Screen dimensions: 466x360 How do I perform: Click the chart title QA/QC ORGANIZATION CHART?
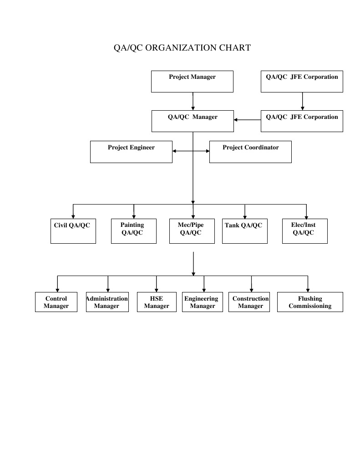[x=182, y=48]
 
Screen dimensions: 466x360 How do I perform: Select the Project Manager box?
[x=192, y=82]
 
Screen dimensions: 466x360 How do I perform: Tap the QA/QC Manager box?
[x=193, y=121]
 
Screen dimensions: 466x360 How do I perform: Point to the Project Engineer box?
[x=131, y=152]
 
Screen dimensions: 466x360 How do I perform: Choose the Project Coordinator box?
[x=250, y=152]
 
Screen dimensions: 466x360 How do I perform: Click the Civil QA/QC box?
[x=73, y=231]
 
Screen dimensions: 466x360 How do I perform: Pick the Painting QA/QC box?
[x=134, y=231]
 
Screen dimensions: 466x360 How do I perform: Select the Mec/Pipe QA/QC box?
[x=192, y=231]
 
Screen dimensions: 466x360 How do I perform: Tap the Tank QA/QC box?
[x=245, y=231]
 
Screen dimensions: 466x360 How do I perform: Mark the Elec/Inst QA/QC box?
[x=304, y=231]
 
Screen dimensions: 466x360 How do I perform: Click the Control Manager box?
[x=56, y=302]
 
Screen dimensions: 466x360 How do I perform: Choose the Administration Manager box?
[x=107, y=302]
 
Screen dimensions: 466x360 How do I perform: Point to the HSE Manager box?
[x=157, y=302]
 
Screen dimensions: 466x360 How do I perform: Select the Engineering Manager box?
[x=203, y=302]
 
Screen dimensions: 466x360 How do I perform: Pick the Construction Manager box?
[x=251, y=302]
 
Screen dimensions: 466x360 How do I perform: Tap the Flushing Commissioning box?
[x=310, y=302]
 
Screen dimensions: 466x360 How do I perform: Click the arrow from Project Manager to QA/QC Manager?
[x=193, y=101]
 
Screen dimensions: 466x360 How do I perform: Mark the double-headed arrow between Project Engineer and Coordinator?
[x=191, y=151]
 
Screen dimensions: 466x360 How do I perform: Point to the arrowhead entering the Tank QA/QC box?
[x=245, y=217]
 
